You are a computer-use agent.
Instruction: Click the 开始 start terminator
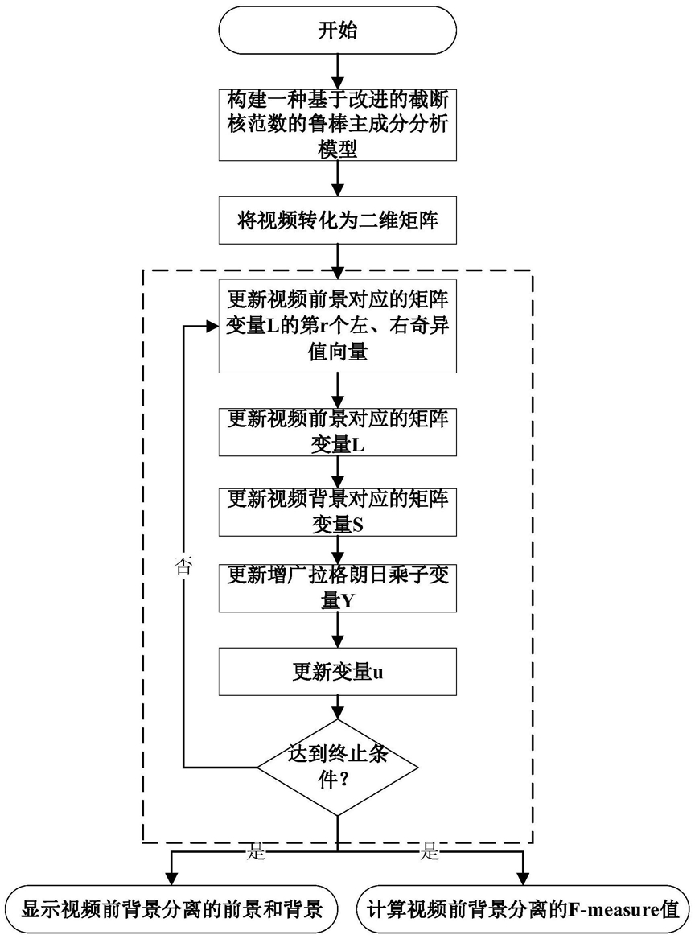(339, 33)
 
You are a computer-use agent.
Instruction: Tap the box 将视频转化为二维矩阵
(339, 220)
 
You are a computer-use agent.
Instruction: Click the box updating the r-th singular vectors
(339, 325)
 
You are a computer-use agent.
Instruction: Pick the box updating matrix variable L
(339, 432)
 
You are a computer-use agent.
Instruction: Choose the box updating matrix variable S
(339, 511)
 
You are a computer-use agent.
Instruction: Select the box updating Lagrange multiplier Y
(339, 589)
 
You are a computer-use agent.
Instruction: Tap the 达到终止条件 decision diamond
(339, 767)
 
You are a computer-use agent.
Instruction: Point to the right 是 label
(427, 853)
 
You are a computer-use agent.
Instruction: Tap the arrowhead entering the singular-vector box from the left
(212, 326)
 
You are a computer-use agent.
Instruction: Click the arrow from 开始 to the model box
(339, 69)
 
